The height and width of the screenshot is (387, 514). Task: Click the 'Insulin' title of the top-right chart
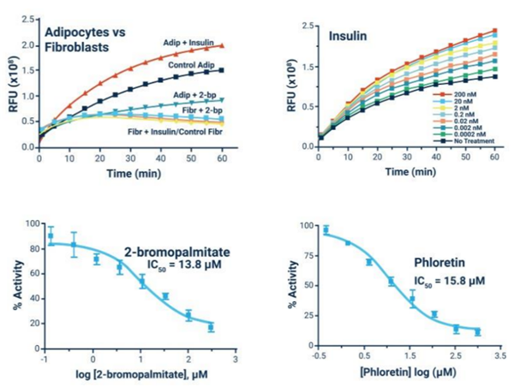pyautogui.click(x=348, y=38)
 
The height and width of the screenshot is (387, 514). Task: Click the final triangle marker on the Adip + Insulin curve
pyautogui.click(x=222, y=45)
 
